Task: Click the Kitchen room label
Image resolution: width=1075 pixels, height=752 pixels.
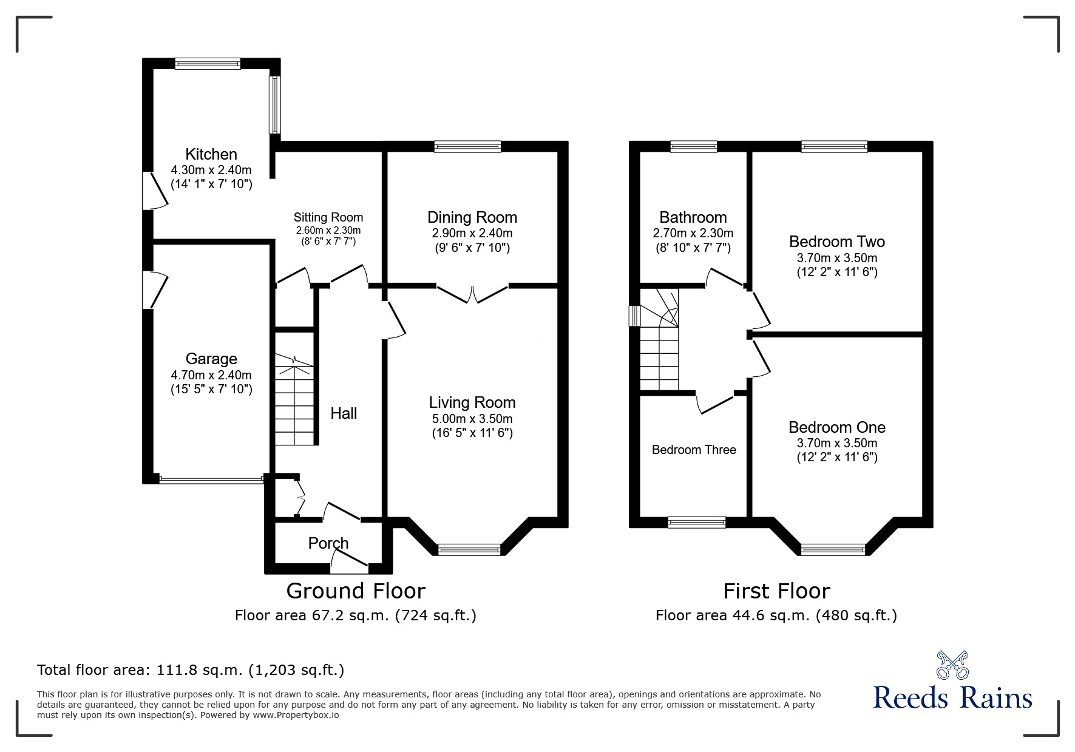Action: [211, 154]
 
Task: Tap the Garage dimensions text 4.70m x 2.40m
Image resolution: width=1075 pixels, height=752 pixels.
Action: [211, 375]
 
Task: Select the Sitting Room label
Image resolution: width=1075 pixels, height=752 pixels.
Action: [328, 217]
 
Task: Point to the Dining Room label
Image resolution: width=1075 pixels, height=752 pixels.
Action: [472, 217]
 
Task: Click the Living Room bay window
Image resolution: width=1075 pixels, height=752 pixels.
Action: [469, 549]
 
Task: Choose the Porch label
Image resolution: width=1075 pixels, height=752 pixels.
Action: [328, 543]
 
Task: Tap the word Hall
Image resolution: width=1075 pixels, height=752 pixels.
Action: [344, 413]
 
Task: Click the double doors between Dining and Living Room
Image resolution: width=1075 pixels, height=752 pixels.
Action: [472, 293]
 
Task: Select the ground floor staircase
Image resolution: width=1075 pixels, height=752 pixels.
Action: [295, 399]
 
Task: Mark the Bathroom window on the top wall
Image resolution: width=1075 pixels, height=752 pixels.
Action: [694, 146]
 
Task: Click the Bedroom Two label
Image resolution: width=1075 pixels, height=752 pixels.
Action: [837, 242]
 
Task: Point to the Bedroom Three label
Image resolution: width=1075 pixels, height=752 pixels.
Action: [694, 450]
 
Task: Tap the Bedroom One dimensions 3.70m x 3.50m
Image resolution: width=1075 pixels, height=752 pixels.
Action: [837, 443]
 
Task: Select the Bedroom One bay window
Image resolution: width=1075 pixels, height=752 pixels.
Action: [833, 549]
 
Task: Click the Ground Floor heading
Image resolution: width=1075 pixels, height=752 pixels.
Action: [356, 591]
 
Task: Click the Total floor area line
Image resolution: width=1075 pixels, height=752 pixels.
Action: [191, 670]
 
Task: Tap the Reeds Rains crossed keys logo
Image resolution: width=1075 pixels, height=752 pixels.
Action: [952, 665]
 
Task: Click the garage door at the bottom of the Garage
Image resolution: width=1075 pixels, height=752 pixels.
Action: [211, 479]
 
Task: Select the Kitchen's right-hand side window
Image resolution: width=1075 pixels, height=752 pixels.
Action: [275, 104]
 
